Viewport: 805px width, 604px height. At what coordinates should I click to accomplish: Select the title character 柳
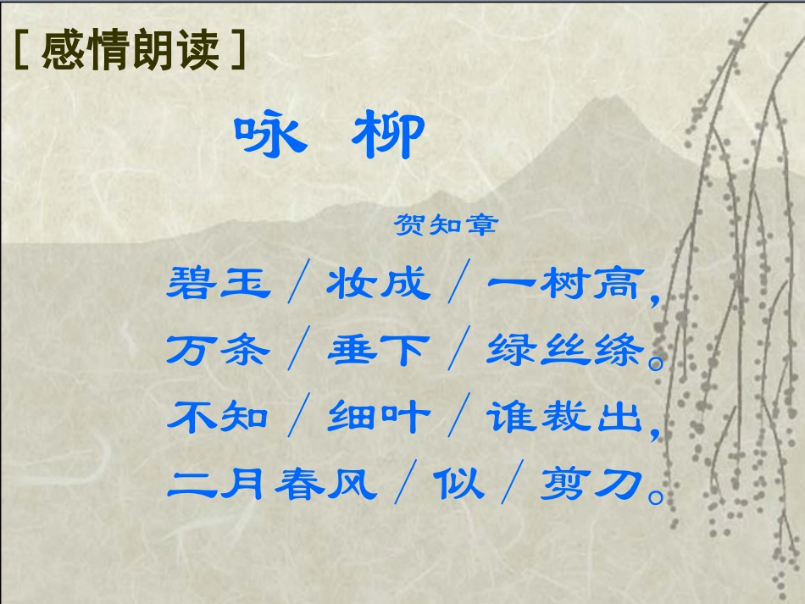coord(387,136)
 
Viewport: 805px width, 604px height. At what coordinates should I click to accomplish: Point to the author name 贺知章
coord(446,224)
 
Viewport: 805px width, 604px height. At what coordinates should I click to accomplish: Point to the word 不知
coord(219,416)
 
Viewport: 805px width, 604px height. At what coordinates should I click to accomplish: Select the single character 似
coord(458,483)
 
